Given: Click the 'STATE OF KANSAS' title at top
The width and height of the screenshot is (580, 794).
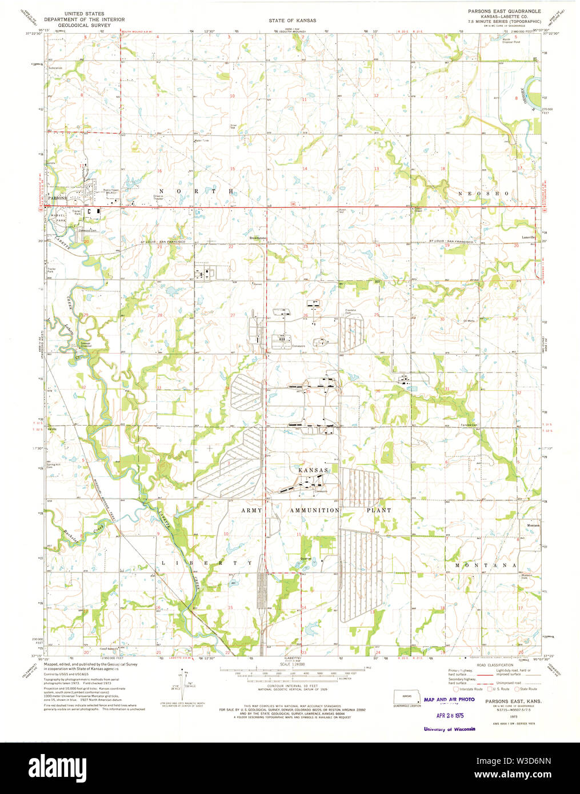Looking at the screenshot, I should [293, 21].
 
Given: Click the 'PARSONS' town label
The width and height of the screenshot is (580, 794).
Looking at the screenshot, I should [57, 198].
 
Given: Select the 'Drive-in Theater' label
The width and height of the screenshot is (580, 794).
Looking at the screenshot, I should [158, 197].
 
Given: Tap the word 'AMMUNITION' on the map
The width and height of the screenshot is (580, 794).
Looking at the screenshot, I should [314, 510].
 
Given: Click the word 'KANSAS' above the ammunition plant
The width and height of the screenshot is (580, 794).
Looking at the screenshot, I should [313, 470].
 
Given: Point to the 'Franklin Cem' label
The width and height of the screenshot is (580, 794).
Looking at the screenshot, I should [350, 311].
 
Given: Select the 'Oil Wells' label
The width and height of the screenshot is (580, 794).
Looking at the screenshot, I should [469, 320].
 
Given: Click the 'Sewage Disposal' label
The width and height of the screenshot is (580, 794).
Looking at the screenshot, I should [86, 344].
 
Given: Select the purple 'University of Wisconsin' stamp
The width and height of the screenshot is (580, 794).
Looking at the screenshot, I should [449, 729].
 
